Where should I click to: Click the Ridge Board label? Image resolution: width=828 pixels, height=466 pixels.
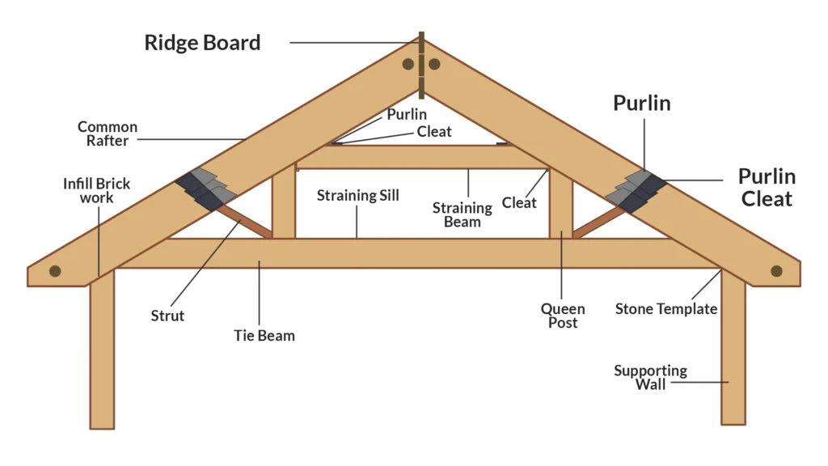(202, 42)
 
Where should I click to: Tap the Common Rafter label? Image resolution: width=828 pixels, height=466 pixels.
(108, 133)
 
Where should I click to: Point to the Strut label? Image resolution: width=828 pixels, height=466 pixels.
(167, 316)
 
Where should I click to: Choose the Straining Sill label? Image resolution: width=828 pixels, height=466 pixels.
(357, 196)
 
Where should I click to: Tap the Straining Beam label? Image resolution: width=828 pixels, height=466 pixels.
(463, 215)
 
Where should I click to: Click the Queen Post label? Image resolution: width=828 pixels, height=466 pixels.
(563, 316)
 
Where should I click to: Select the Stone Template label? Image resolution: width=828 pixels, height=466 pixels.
(666, 309)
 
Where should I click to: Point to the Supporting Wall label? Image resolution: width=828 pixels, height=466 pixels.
(650, 377)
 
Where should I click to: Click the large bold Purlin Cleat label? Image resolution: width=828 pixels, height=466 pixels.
(766, 187)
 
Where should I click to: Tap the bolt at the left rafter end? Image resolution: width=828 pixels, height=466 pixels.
(55, 271)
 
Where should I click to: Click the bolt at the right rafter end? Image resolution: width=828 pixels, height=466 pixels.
(776, 271)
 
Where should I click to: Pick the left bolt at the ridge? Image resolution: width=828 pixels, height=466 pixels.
(408, 64)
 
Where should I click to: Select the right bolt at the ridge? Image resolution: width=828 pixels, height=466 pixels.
(434, 64)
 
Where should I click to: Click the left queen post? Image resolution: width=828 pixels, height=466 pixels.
(283, 202)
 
